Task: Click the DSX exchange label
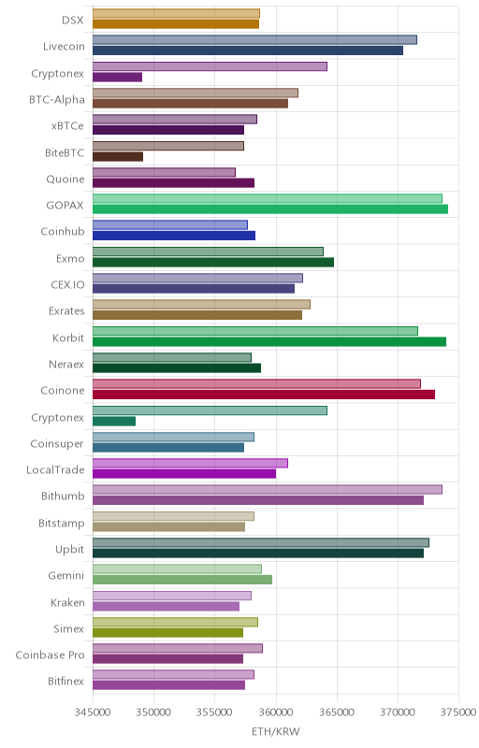[73, 20]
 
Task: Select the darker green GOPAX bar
[270, 209]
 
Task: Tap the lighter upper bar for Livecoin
[254, 39]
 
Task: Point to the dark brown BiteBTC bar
[118, 156]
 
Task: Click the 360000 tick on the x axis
[276, 712]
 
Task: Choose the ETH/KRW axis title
[276, 732]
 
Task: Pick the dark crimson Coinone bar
[264, 395]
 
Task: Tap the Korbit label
[68, 338]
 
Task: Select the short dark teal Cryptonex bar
[114, 422]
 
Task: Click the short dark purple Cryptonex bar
[117, 78]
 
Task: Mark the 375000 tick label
[458, 712]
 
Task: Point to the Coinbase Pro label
[51, 655]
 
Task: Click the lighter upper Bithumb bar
[268, 489]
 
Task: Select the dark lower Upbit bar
[258, 554]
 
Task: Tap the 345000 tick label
[93, 712]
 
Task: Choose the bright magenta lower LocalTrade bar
[184, 474]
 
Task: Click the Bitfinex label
[65, 682]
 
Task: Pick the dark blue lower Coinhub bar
[174, 236]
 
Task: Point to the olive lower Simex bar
[168, 633]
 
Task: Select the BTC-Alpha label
[57, 100]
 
